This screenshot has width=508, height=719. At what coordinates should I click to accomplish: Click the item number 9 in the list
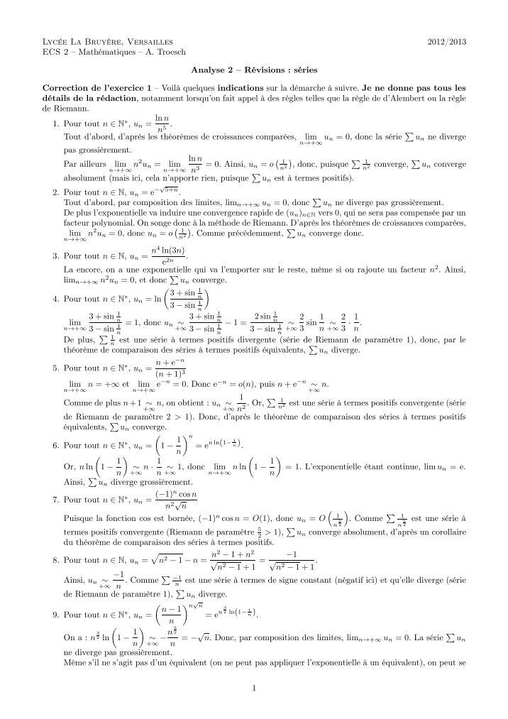pos(55,611)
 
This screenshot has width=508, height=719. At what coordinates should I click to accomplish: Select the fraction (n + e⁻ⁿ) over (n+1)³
pos(166,370)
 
